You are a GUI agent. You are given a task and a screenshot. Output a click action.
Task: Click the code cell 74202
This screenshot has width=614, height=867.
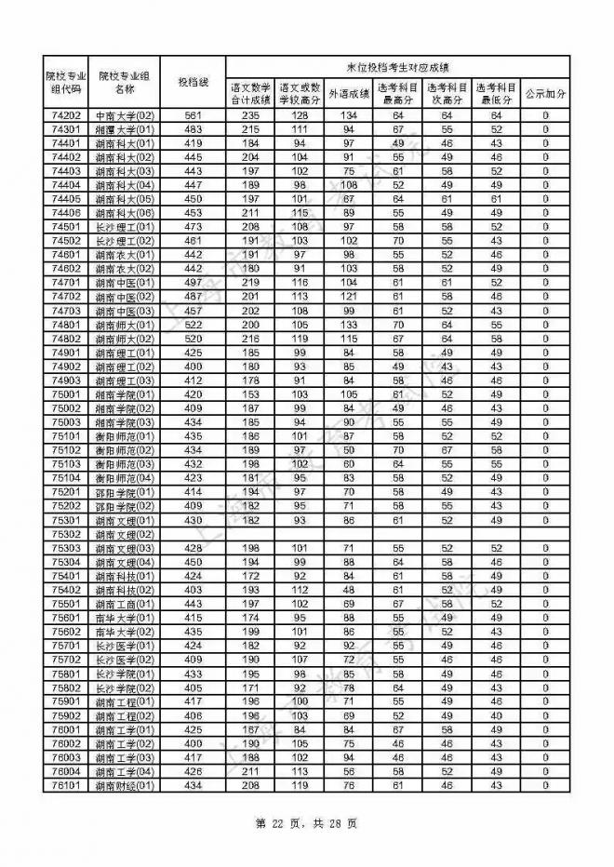coord(66,115)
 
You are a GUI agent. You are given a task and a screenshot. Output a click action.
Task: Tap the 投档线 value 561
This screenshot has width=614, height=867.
coord(194,115)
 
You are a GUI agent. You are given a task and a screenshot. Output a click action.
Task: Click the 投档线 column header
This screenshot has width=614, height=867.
coord(194,82)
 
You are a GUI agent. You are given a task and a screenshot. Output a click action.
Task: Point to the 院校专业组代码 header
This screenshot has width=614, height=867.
coord(66,82)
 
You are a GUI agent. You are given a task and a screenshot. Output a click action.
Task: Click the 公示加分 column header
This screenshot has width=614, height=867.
coord(544,93)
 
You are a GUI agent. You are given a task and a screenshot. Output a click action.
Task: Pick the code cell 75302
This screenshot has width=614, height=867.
coord(66,535)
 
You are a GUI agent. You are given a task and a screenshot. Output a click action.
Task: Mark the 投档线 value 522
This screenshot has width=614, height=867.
coord(194,325)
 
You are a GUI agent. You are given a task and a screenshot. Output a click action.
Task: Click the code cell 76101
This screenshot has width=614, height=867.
coord(66,786)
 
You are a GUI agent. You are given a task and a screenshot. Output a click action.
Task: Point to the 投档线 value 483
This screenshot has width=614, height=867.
coord(194,129)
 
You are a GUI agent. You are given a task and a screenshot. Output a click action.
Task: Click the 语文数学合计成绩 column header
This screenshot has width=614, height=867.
coord(250,93)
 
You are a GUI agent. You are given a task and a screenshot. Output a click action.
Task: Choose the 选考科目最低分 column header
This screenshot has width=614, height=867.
coord(496,93)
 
